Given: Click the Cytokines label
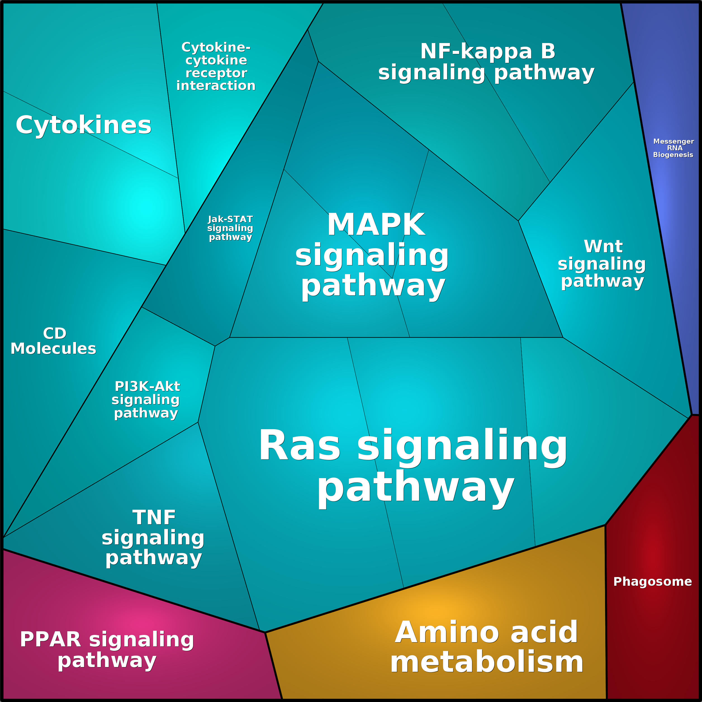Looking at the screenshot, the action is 84,125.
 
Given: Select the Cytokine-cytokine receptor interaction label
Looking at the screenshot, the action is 216,67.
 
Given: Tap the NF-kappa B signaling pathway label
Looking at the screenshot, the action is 486,62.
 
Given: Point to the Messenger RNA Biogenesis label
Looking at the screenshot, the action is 673,148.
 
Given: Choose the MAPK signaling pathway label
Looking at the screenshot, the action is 372,255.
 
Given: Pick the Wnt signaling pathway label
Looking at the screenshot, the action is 602,264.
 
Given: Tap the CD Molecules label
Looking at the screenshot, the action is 53,341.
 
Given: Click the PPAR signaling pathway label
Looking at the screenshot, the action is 107,650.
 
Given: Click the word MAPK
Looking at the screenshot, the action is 376,225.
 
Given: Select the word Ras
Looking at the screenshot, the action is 299,445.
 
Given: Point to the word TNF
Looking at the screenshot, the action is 154,517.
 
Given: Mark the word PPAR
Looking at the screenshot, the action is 51,639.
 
